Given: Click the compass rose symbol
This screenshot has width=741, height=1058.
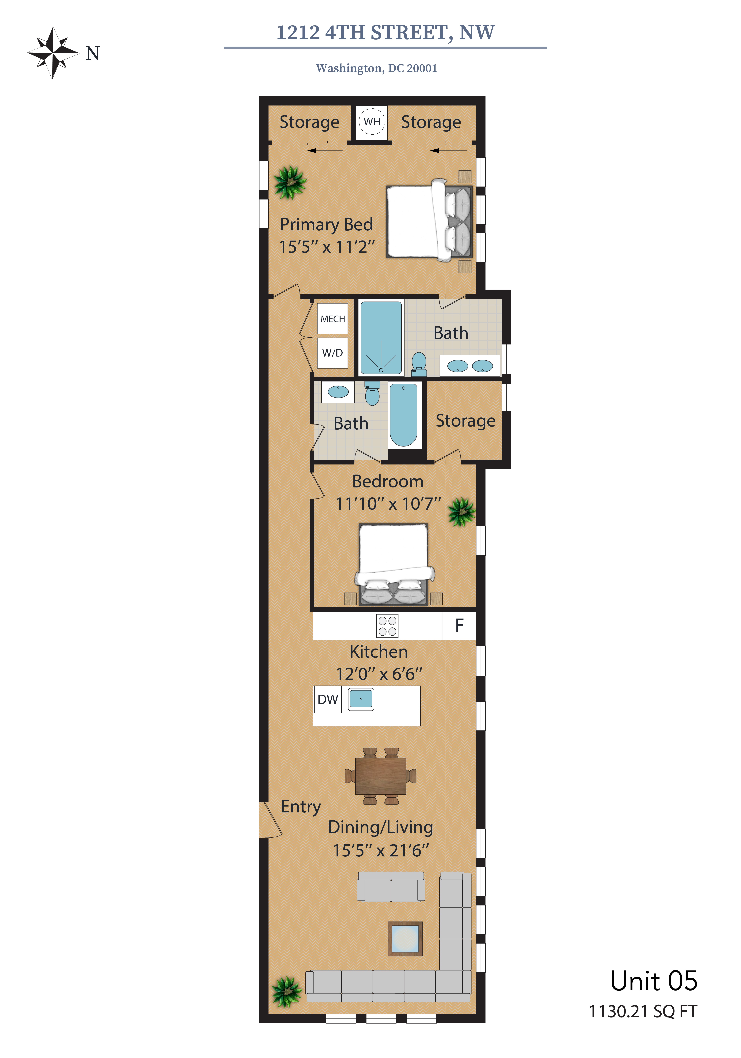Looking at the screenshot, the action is coord(53,53).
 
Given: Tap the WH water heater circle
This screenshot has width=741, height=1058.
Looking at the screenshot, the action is coord(372,121).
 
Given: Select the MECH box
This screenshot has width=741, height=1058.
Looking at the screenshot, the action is coord(332,318).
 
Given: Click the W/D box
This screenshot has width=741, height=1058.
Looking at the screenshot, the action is coord(332,353).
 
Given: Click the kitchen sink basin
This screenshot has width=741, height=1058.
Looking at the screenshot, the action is coord(361,699).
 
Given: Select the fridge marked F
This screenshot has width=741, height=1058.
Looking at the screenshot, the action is coord(459,625).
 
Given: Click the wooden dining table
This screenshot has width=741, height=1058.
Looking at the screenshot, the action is coord(381,776).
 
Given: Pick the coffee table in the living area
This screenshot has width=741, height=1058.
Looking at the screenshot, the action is coord(405,939).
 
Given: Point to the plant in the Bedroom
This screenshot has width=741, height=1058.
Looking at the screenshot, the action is coord(461,512).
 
